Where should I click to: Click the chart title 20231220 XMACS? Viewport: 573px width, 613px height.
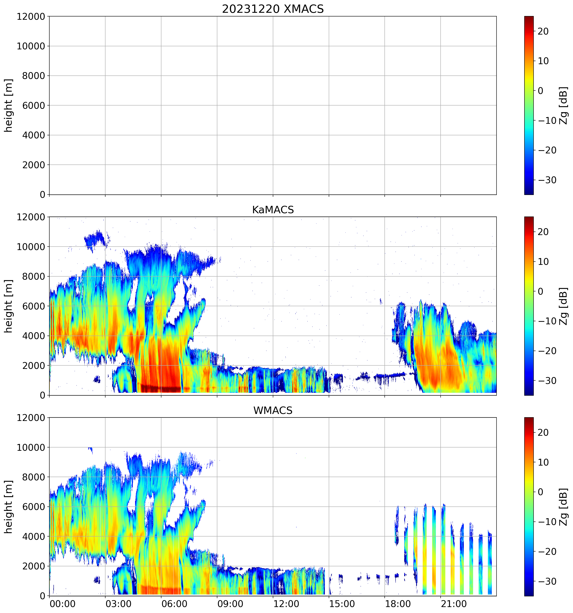273,9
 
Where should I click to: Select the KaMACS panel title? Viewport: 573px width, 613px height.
273,210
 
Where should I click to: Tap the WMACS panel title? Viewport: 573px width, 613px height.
273,410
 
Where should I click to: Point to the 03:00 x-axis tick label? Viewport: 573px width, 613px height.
118,604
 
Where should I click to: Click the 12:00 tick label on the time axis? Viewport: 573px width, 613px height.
286,604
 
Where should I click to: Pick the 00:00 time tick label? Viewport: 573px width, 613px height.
63,604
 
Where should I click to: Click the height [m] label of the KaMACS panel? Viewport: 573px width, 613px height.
9,306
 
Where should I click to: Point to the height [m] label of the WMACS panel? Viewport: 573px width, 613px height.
9,507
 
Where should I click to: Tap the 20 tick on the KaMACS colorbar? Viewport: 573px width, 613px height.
543,232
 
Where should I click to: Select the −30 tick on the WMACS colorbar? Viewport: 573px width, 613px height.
547,581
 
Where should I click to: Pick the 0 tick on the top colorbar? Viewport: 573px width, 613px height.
540,91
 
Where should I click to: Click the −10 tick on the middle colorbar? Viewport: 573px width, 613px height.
547,321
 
